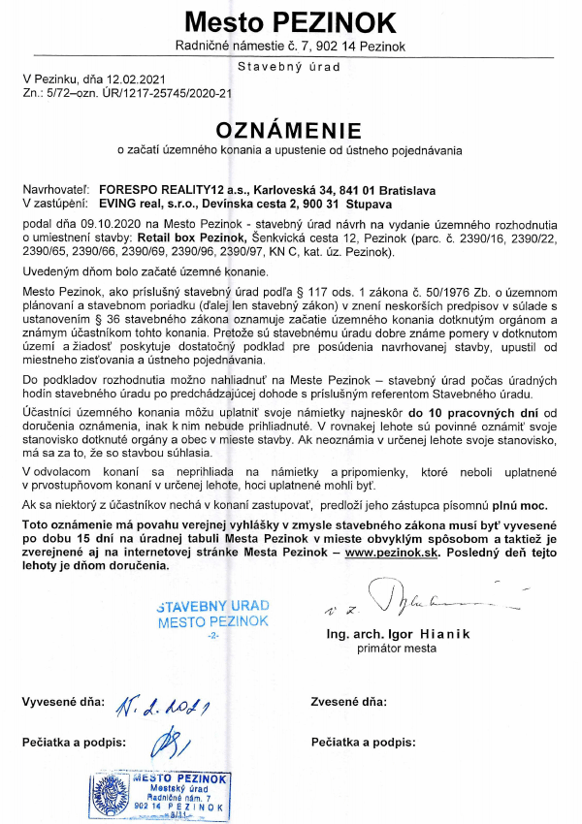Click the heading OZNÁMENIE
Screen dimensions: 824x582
pyautogui.click(x=290, y=130)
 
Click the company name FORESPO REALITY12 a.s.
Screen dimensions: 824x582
pyautogui.click(x=172, y=191)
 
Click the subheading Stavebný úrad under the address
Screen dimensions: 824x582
pyautogui.click(x=290, y=66)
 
